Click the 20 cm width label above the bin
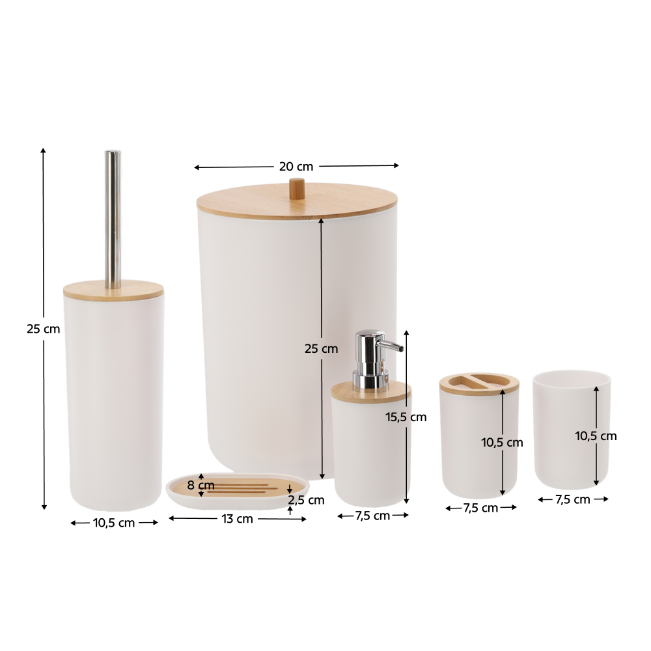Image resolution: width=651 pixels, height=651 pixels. pos(296,167)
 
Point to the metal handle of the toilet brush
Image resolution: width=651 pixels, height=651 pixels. pos(113,219)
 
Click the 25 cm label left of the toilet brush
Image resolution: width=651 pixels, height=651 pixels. pos(43,329)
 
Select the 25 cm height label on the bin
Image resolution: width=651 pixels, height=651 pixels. pos(322,349)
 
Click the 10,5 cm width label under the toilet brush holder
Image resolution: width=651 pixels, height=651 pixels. pos(114,523)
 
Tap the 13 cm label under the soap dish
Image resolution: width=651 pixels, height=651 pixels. pos(237,519)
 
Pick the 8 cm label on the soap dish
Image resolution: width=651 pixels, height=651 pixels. pos(201,485)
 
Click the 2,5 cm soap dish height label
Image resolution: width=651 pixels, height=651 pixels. pos(307,500)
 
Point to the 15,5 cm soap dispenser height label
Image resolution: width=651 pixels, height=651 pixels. pos(406,417)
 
